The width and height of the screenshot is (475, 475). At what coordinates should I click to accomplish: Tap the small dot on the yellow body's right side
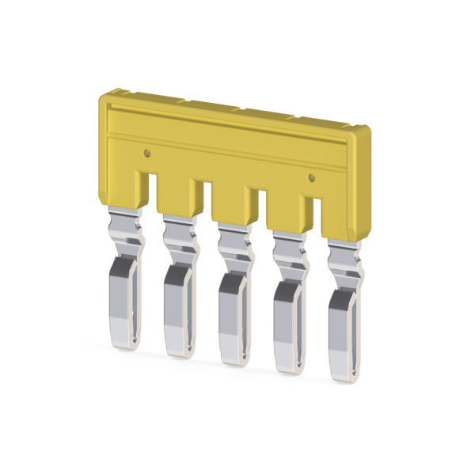(311, 177)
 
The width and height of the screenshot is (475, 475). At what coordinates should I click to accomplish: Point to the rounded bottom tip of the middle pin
(234, 359)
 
